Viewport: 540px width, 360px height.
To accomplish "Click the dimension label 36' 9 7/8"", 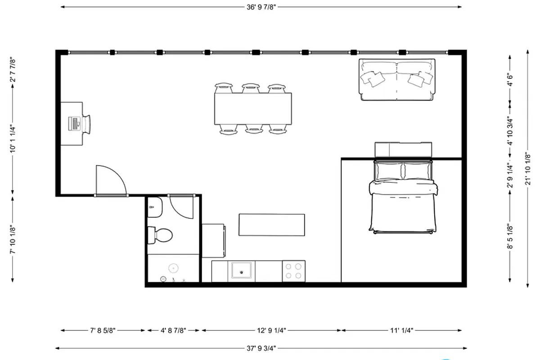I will (x=261, y=7).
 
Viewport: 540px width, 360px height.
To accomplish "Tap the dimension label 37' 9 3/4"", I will (x=261, y=348).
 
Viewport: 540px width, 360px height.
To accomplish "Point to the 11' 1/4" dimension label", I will (x=401, y=330).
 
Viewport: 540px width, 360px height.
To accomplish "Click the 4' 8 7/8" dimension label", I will (x=173, y=330).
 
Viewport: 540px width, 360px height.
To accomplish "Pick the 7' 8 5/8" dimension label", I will (x=103, y=330).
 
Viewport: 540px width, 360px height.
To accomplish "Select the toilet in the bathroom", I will (x=161, y=234).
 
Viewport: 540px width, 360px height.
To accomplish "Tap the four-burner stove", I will (x=293, y=271).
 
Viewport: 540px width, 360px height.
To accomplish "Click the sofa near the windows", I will (x=397, y=80).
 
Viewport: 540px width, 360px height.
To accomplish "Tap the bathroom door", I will (x=182, y=207).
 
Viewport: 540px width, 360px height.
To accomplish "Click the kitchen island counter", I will (x=272, y=225).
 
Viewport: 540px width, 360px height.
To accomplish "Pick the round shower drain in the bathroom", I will (x=174, y=268).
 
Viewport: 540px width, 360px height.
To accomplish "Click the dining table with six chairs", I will (x=252, y=108).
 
